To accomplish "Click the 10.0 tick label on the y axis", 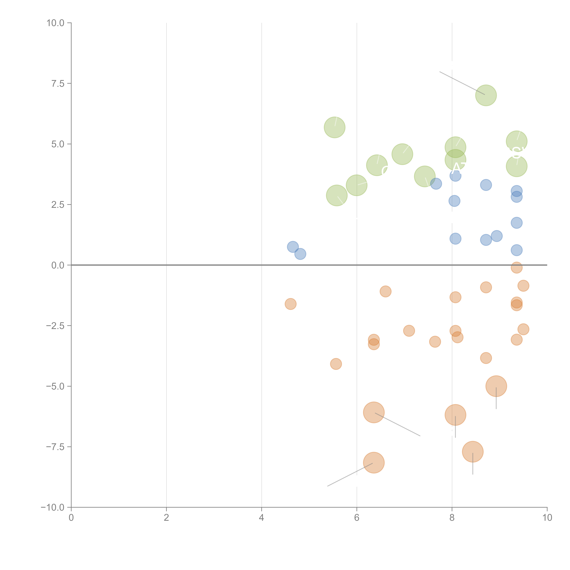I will click(x=56, y=23).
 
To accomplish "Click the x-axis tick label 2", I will click(x=166, y=518).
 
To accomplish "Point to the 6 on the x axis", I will click(x=357, y=518).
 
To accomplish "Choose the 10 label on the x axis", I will click(x=547, y=518).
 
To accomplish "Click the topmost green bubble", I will click(x=486, y=95).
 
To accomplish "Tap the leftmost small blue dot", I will click(x=293, y=247).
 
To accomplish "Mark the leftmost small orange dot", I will click(x=291, y=304).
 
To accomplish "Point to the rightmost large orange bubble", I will click(x=496, y=386).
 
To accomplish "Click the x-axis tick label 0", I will click(x=71, y=518).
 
